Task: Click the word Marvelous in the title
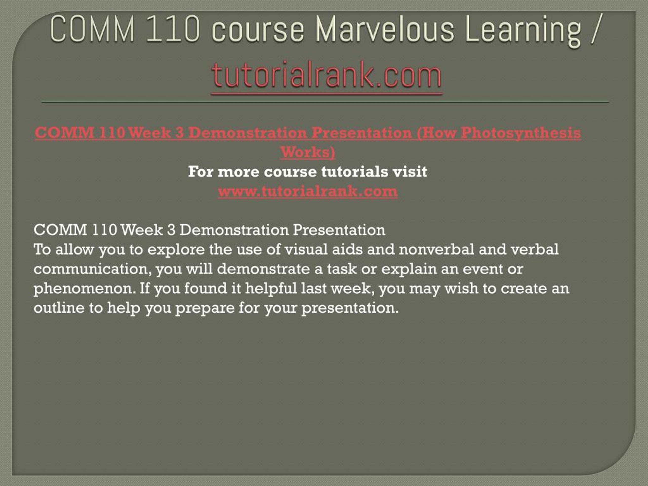[x=385, y=29]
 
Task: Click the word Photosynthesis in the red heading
[x=521, y=133]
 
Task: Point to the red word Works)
[x=308, y=152]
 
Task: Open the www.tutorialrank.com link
[x=308, y=191]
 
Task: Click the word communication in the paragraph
[x=93, y=269]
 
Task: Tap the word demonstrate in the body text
[x=263, y=269]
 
